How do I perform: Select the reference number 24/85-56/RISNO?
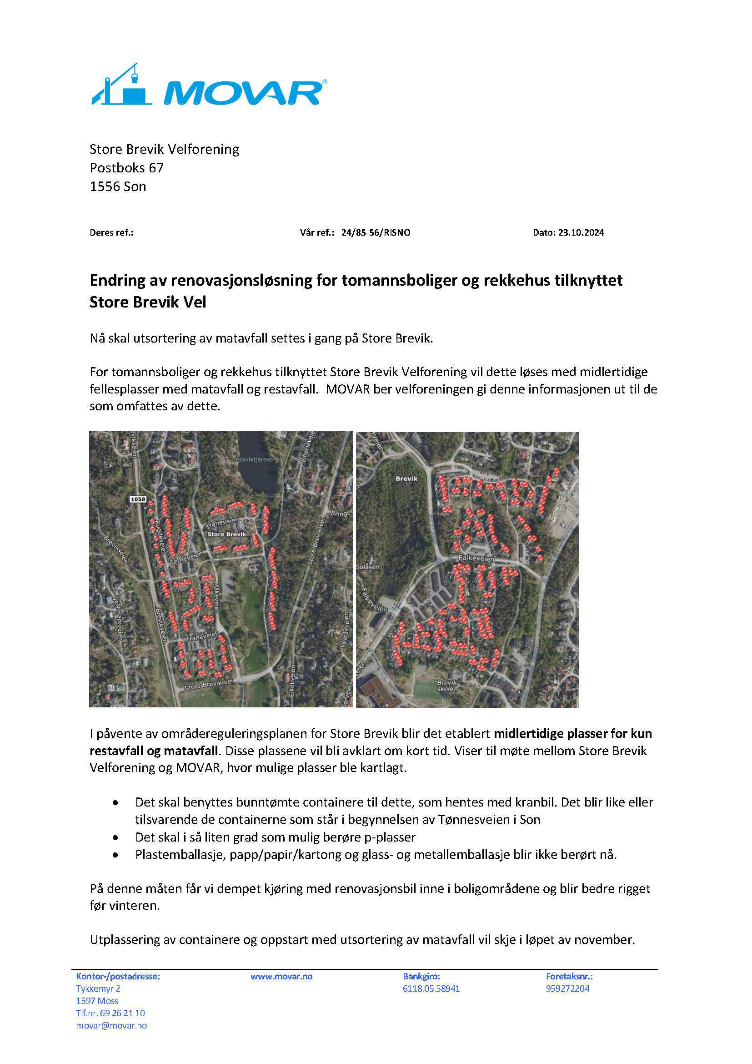(x=376, y=232)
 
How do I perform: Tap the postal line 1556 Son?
(x=118, y=187)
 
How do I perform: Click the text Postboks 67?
(x=126, y=167)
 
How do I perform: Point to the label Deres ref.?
(x=111, y=232)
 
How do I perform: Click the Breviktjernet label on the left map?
(x=254, y=459)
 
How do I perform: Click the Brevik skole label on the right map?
(x=447, y=686)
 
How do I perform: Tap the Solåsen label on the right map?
(x=368, y=567)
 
